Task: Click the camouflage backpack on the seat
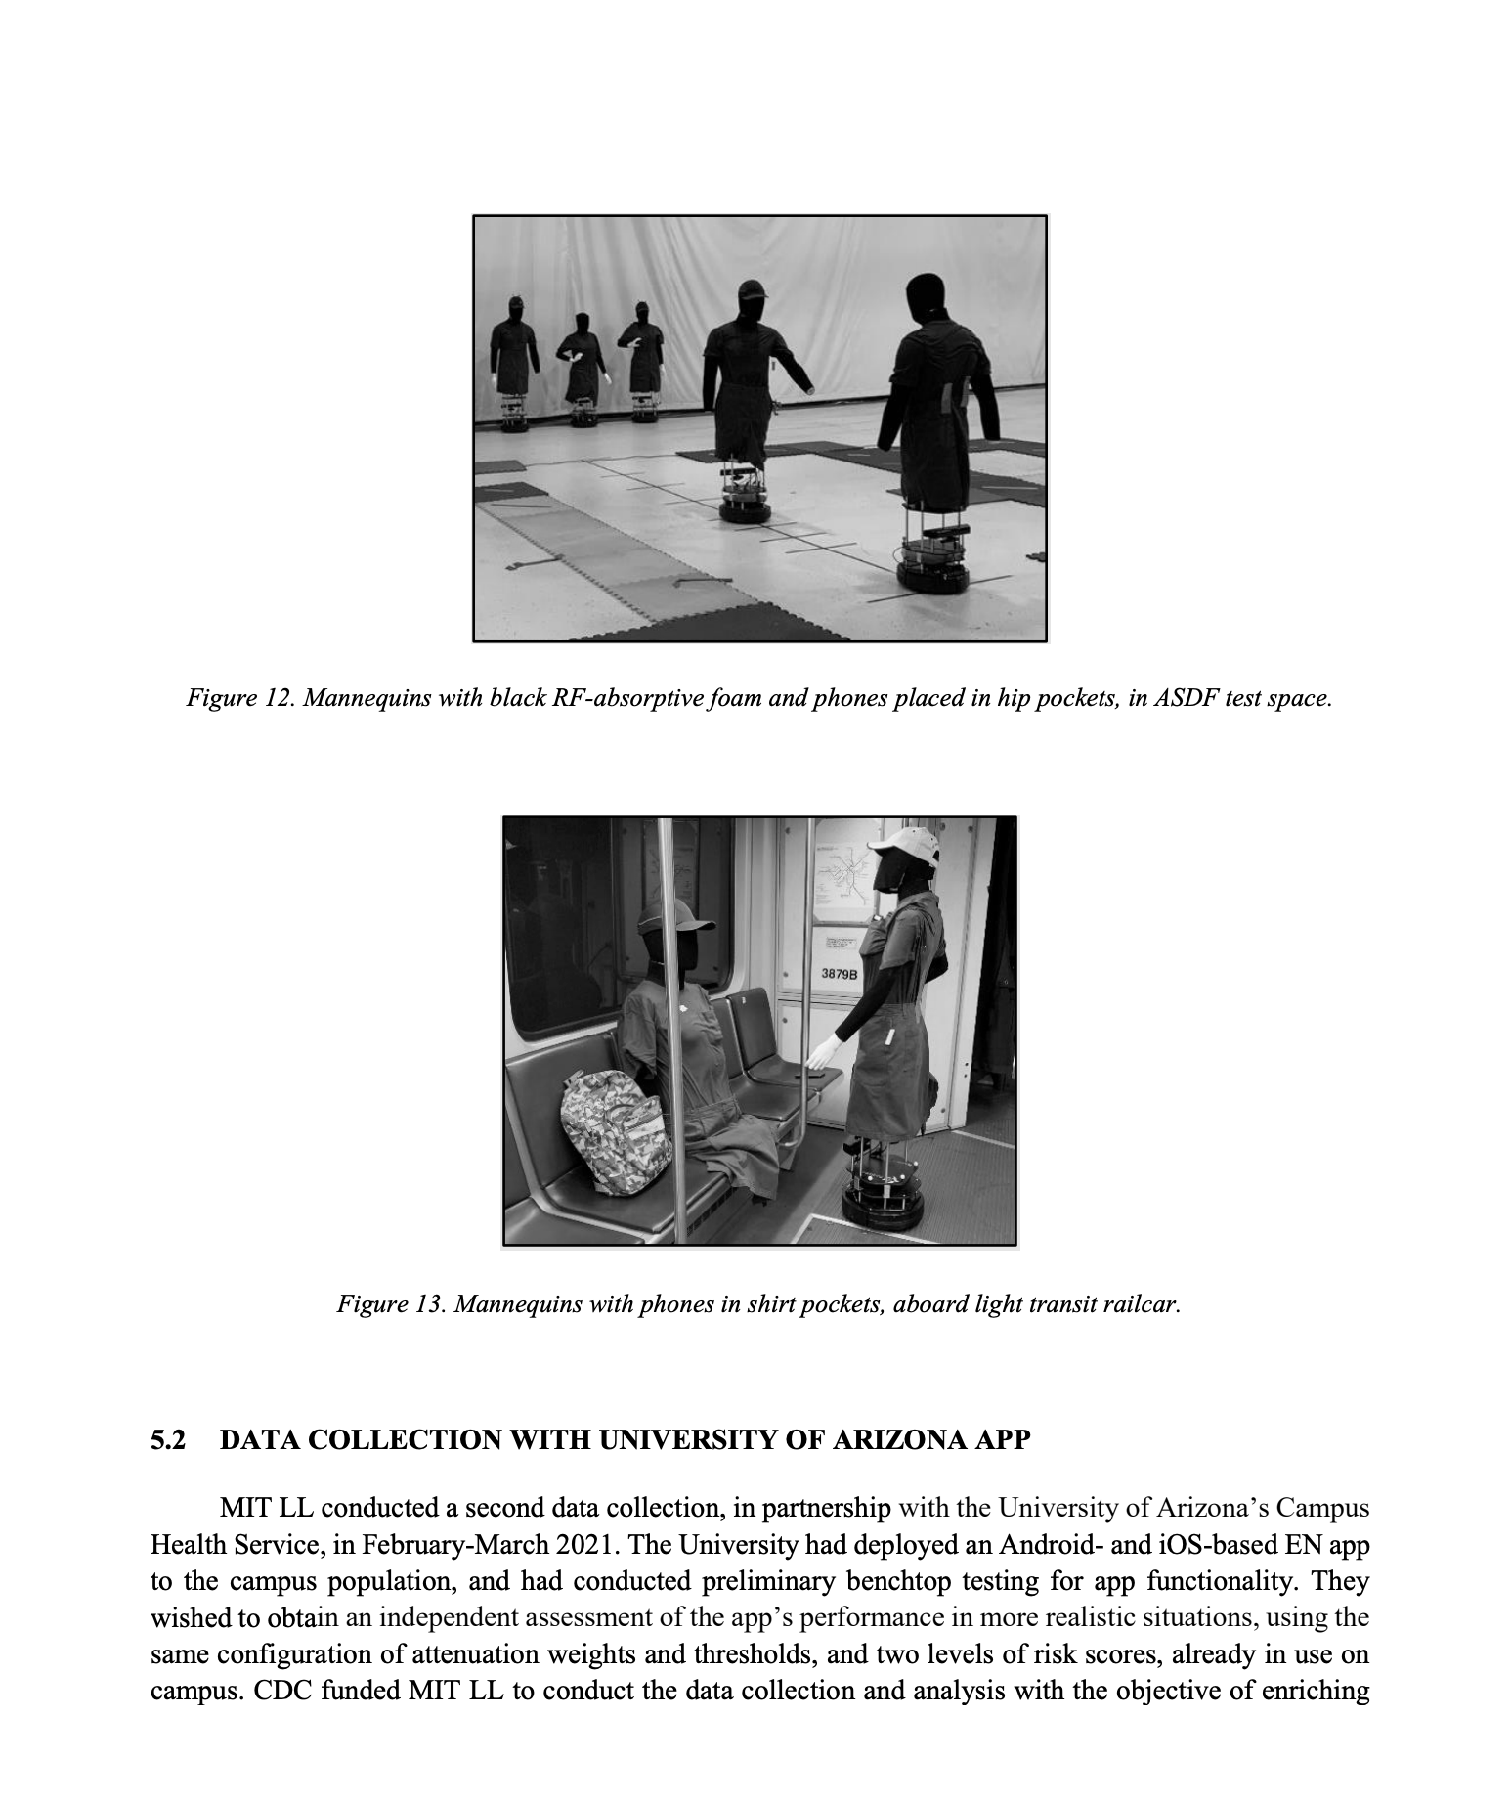coord(617,1132)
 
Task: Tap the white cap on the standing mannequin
coord(903,841)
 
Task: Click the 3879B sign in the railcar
coord(839,974)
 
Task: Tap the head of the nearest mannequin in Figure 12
coord(925,294)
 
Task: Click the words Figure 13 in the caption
coord(386,1303)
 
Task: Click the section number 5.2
coord(167,1441)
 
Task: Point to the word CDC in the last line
coord(281,1691)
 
